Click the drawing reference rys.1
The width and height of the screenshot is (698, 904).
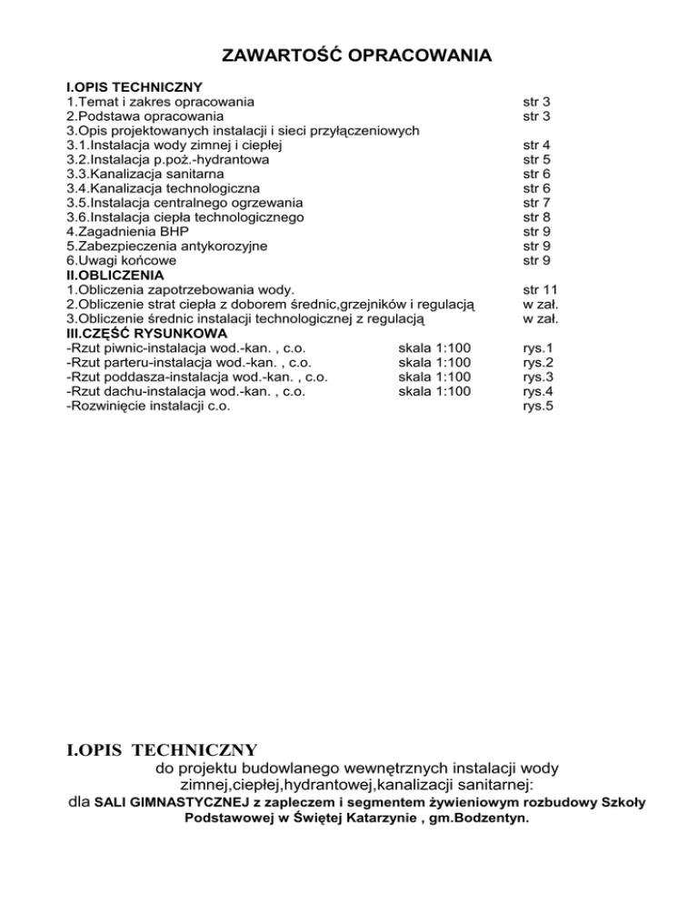[538, 348]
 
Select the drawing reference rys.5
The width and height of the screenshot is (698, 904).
[538, 407]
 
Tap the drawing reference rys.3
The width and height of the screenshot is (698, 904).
[538, 377]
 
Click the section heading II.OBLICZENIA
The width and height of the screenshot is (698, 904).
[115, 275]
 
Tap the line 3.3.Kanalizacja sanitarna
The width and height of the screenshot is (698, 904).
[145, 174]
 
